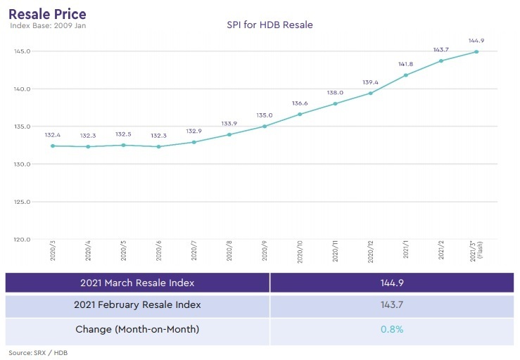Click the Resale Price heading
pos(48,13)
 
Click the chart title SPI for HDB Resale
pos(270,25)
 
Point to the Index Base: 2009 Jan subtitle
pos(48,26)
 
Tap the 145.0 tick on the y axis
pos(23,51)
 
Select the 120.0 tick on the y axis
pos(23,239)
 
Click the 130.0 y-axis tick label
pos(23,164)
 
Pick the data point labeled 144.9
pos(476,51)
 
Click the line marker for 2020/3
pos(53,146)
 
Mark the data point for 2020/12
pos(370,93)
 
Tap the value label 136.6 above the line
pos(300,103)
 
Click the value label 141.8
pos(406,64)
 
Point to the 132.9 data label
pos(194,131)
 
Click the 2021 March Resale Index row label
pos(137,283)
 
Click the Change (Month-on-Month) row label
pos(137,329)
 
